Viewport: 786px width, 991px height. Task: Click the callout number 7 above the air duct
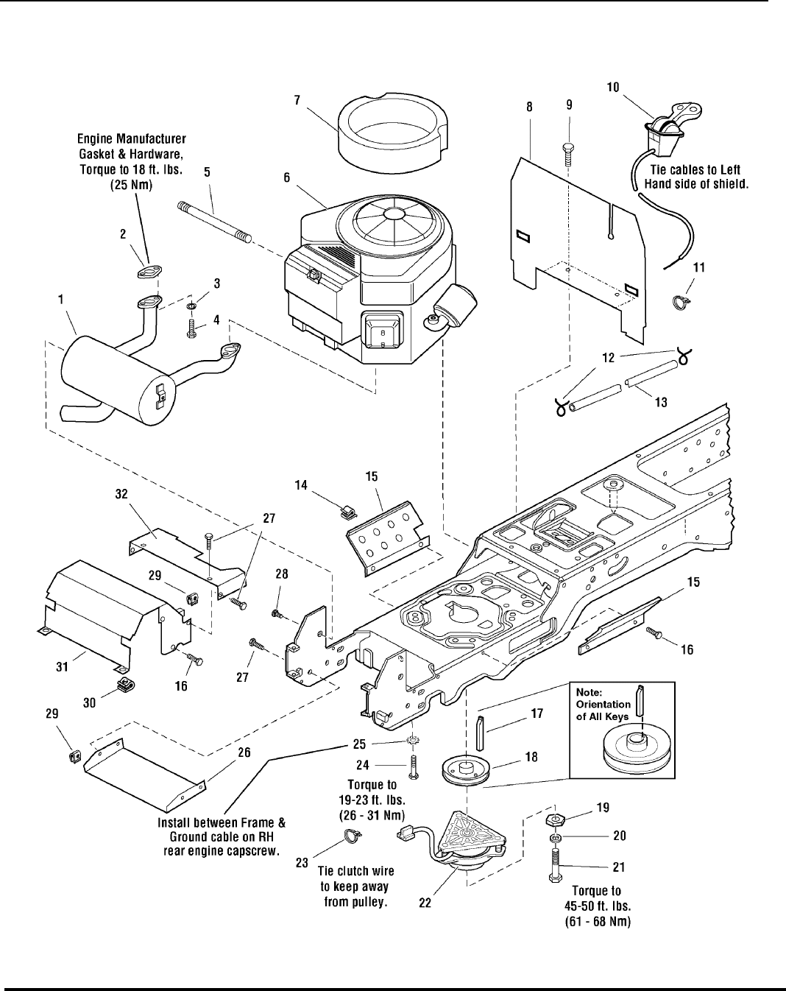click(x=297, y=101)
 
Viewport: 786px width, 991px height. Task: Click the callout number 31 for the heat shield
click(x=63, y=666)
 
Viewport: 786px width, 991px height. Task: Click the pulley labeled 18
click(x=469, y=773)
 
